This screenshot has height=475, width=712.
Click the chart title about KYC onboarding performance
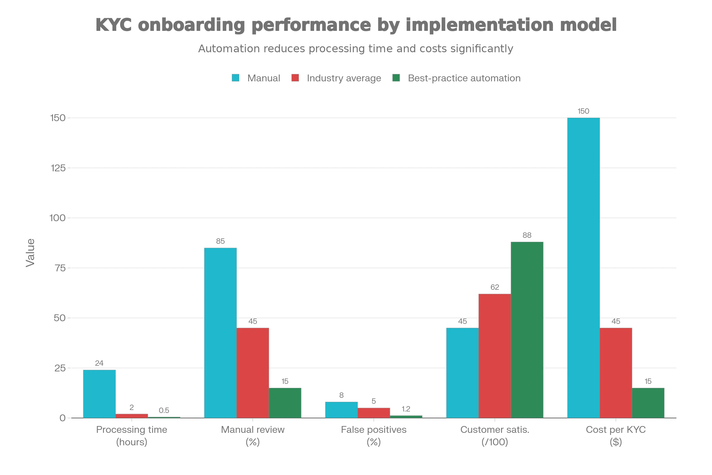[356, 25]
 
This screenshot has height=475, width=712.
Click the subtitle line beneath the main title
[356, 48]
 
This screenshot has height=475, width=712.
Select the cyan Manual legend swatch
[235, 79]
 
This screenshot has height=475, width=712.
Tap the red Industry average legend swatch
[295, 79]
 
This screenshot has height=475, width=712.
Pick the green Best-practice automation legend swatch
[396, 79]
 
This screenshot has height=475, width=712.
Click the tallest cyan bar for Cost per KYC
[583, 268]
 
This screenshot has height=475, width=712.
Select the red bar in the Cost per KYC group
[616, 373]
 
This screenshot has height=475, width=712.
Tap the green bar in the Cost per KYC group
[649, 403]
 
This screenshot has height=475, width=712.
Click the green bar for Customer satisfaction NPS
[528, 330]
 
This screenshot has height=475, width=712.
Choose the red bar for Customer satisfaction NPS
[495, 356]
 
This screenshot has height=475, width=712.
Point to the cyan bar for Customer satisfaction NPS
[462, 373]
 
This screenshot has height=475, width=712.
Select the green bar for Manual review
[285, 403]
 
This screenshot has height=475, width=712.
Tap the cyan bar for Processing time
[100, 394]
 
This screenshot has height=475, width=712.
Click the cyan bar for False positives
[341, 410]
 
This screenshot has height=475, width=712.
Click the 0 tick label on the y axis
[62, 418]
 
